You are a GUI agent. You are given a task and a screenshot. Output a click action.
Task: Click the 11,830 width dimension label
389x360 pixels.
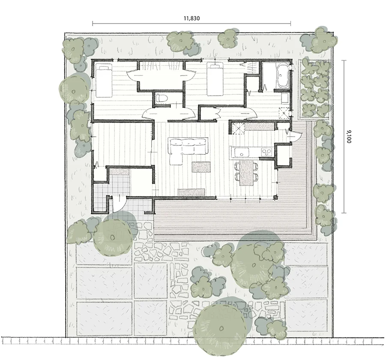192,18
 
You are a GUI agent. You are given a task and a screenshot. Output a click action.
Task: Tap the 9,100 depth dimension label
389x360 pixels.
349,136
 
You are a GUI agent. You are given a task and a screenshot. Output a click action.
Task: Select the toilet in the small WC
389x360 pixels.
162,98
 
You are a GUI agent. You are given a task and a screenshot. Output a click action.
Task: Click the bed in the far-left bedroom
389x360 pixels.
103,80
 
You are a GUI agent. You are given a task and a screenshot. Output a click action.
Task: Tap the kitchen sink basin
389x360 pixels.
241,152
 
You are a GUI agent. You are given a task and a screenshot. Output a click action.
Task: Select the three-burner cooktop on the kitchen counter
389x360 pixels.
266,152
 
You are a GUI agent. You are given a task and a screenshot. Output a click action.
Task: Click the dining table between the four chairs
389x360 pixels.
246,173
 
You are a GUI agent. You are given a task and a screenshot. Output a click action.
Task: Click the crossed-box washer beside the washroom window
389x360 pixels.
284,113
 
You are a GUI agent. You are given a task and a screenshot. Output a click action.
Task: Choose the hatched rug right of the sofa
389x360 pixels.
201,167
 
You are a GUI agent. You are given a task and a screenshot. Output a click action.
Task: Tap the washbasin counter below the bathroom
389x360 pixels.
285,98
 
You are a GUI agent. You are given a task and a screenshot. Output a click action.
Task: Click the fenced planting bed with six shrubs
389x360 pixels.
315,89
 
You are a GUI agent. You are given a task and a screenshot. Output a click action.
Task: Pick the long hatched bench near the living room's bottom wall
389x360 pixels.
191,192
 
